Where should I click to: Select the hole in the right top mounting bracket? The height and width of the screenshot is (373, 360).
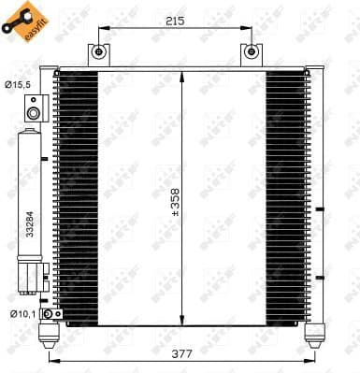coord(250,53)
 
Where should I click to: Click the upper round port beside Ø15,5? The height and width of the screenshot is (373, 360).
coord(34,114)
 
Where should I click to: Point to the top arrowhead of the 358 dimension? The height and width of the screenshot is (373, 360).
coord(184,75)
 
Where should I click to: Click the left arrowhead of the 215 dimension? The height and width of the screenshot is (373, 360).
coord(100,29)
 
